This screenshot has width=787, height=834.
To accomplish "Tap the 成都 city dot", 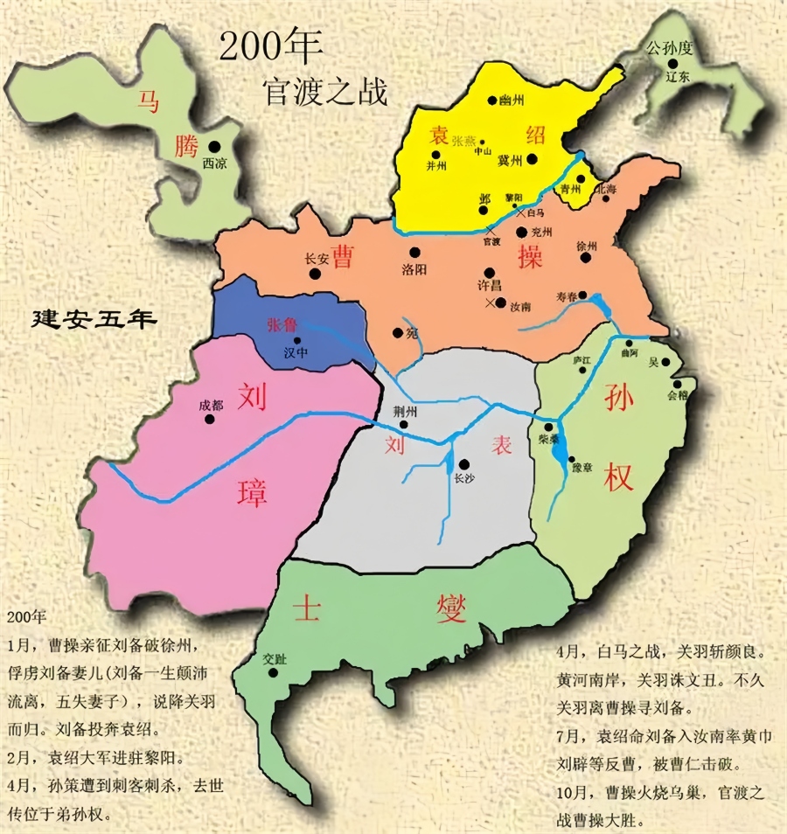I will coord(210,419).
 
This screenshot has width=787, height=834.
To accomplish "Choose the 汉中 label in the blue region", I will coord(297,353).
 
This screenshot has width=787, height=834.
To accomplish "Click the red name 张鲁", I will coord(282,323).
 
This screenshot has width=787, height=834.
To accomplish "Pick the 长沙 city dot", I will coord(463,464).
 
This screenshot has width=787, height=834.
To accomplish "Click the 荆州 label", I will coord(403,412).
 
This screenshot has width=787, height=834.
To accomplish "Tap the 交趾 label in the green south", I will coord(275,660).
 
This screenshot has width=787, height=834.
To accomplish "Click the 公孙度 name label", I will coord(669,51).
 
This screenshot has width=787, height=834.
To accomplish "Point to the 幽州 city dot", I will coord(493,101).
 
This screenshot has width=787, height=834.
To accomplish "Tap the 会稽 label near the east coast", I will coord(678,394).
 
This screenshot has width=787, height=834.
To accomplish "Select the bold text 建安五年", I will coord(94,319).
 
